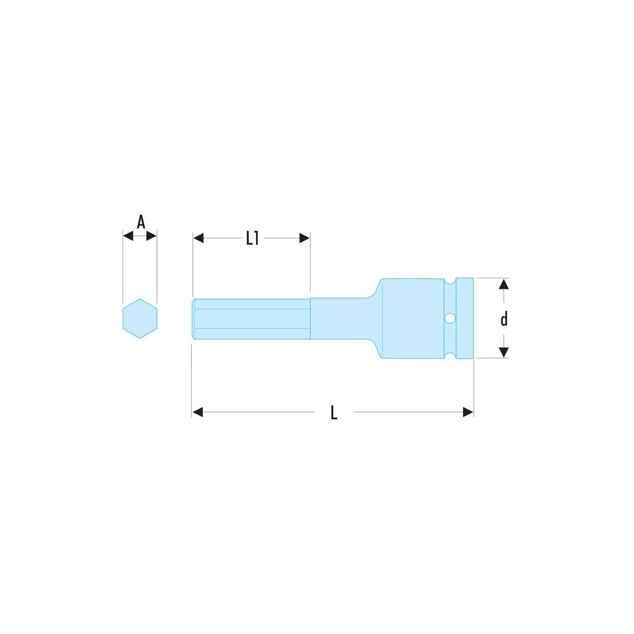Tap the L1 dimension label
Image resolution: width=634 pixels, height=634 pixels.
[253, 238]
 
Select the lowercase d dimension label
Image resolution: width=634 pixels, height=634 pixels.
[504, 319]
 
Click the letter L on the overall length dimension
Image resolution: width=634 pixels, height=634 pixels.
[334, 412]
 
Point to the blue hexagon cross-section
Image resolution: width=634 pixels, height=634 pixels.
[140, 319]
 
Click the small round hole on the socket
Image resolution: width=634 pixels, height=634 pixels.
[450, 318]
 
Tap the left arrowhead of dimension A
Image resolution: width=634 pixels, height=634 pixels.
[128, 236]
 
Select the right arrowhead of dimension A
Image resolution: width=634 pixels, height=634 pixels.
[151, 236]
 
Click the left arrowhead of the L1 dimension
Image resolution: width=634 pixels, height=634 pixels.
[199, 238]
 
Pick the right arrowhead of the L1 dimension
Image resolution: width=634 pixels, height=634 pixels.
[304, 238]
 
